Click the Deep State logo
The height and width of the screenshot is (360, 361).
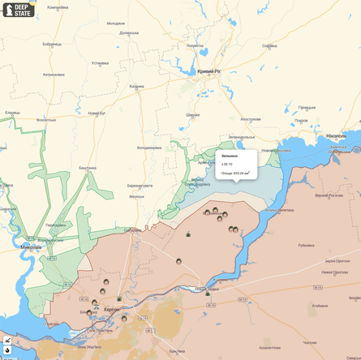click(x=18, y=11)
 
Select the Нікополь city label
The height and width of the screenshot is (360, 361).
click(x=337, y=136)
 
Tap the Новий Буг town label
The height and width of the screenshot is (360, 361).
click(x=97, y=113)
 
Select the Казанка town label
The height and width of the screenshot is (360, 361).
click(x=136, y=86)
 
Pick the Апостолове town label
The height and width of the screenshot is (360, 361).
click(x=250, y=118)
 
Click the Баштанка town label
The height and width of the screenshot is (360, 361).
click(x=87, y=168)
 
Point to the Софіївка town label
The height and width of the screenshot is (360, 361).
click(x=270, y=45)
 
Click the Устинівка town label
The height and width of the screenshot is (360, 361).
click(x=100, y=62)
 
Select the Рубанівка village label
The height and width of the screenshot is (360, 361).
click(x=306, y=245)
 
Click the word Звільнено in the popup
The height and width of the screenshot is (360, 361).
click(x=230, y=156)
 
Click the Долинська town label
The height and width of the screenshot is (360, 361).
click(x=128, y=33)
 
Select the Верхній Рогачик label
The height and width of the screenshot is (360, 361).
click(x=329, y=195)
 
